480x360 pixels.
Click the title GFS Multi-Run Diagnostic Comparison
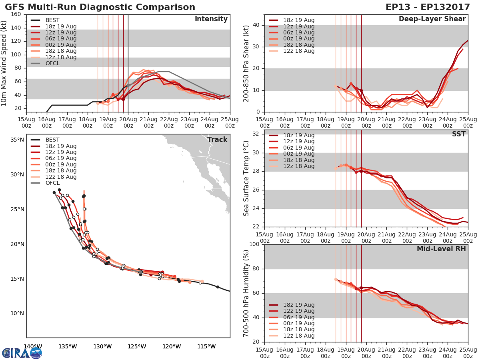[x=100, y=7]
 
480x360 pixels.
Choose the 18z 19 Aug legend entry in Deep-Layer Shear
[x=298, y=20]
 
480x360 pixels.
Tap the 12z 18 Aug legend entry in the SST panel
[x=298, y=166]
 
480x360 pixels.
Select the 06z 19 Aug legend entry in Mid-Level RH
[x=298, y=317]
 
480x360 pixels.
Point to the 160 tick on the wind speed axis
[x=16, y=14]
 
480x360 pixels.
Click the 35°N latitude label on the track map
[x=17, y=140]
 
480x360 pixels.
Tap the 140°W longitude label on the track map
[x=33, y=347]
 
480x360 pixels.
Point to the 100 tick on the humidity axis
[x=254, y=244]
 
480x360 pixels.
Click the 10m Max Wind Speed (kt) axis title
[x=4, y=63]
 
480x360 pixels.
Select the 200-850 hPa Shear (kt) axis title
[x=247, y=63]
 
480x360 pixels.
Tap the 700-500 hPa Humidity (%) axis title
[x=247, y=293]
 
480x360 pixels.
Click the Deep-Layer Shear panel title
[x=432, y=19]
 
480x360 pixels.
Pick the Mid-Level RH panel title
[x=441, y=249]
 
